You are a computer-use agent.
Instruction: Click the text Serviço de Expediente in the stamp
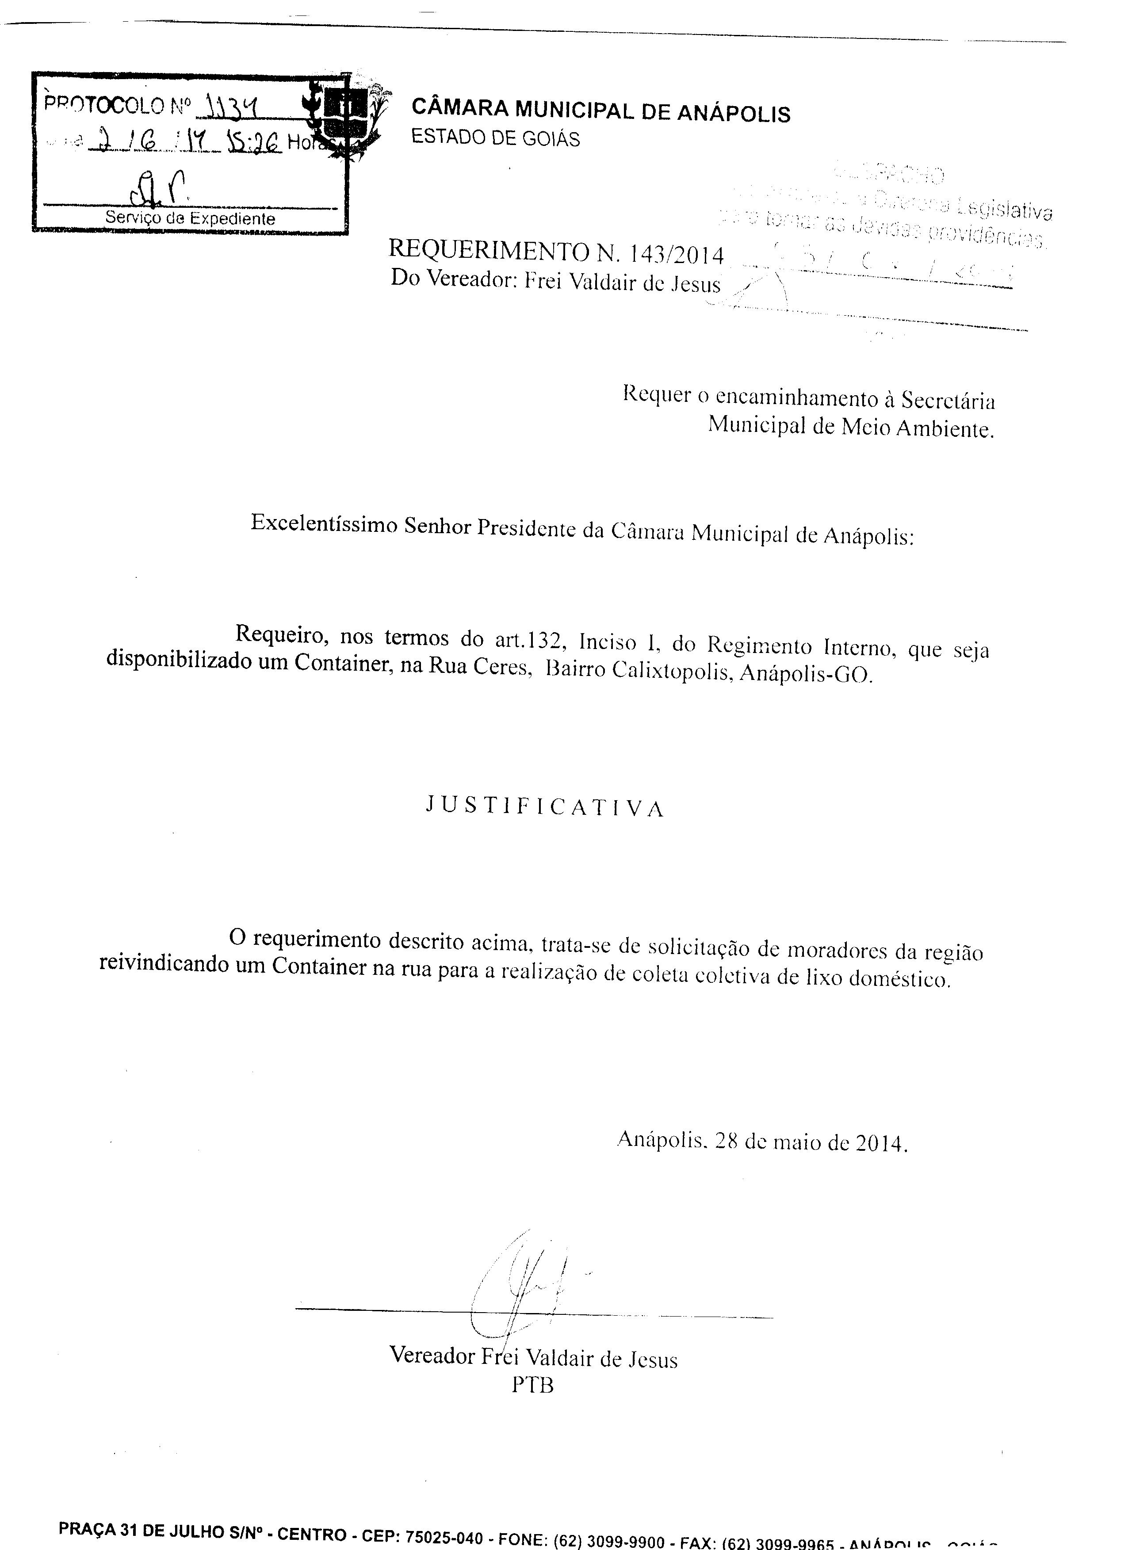tap(190, 218)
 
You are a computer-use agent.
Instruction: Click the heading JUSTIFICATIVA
tap(545, 807)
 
